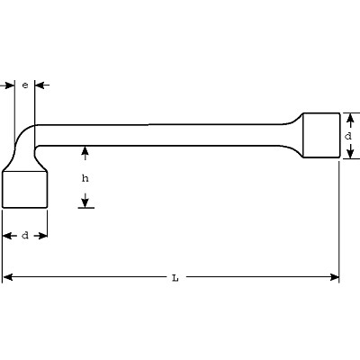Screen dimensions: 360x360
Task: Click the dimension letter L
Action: tap(175, 278)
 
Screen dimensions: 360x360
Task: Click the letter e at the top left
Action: tap(25, 85)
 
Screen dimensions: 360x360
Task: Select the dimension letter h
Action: tap(85, 178)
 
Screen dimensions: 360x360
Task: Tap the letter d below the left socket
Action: tap(25, 236)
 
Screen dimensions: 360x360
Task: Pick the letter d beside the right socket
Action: tap(348, 136)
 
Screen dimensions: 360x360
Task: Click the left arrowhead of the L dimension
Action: tap(7, 277)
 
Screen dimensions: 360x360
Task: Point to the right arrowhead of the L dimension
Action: tap(334, 277)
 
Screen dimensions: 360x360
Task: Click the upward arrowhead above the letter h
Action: tap(85, 150)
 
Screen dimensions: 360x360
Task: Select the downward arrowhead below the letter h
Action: tap(85, 202)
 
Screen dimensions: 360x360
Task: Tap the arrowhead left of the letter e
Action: tap(10, 85)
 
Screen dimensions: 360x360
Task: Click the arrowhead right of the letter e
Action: tap(40, 85)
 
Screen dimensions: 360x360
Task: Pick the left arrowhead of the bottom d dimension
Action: tap(7, 236)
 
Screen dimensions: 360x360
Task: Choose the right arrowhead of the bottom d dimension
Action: tap(42, 236)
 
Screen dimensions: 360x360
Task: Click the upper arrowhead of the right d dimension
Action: tap(349, 118)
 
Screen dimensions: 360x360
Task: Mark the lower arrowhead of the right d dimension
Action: tap(349, 153)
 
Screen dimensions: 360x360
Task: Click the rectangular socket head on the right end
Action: tap(321, 135)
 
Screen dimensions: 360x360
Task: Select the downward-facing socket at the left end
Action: tap(25, 189)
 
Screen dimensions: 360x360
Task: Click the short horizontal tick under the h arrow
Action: tap(86, 208)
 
